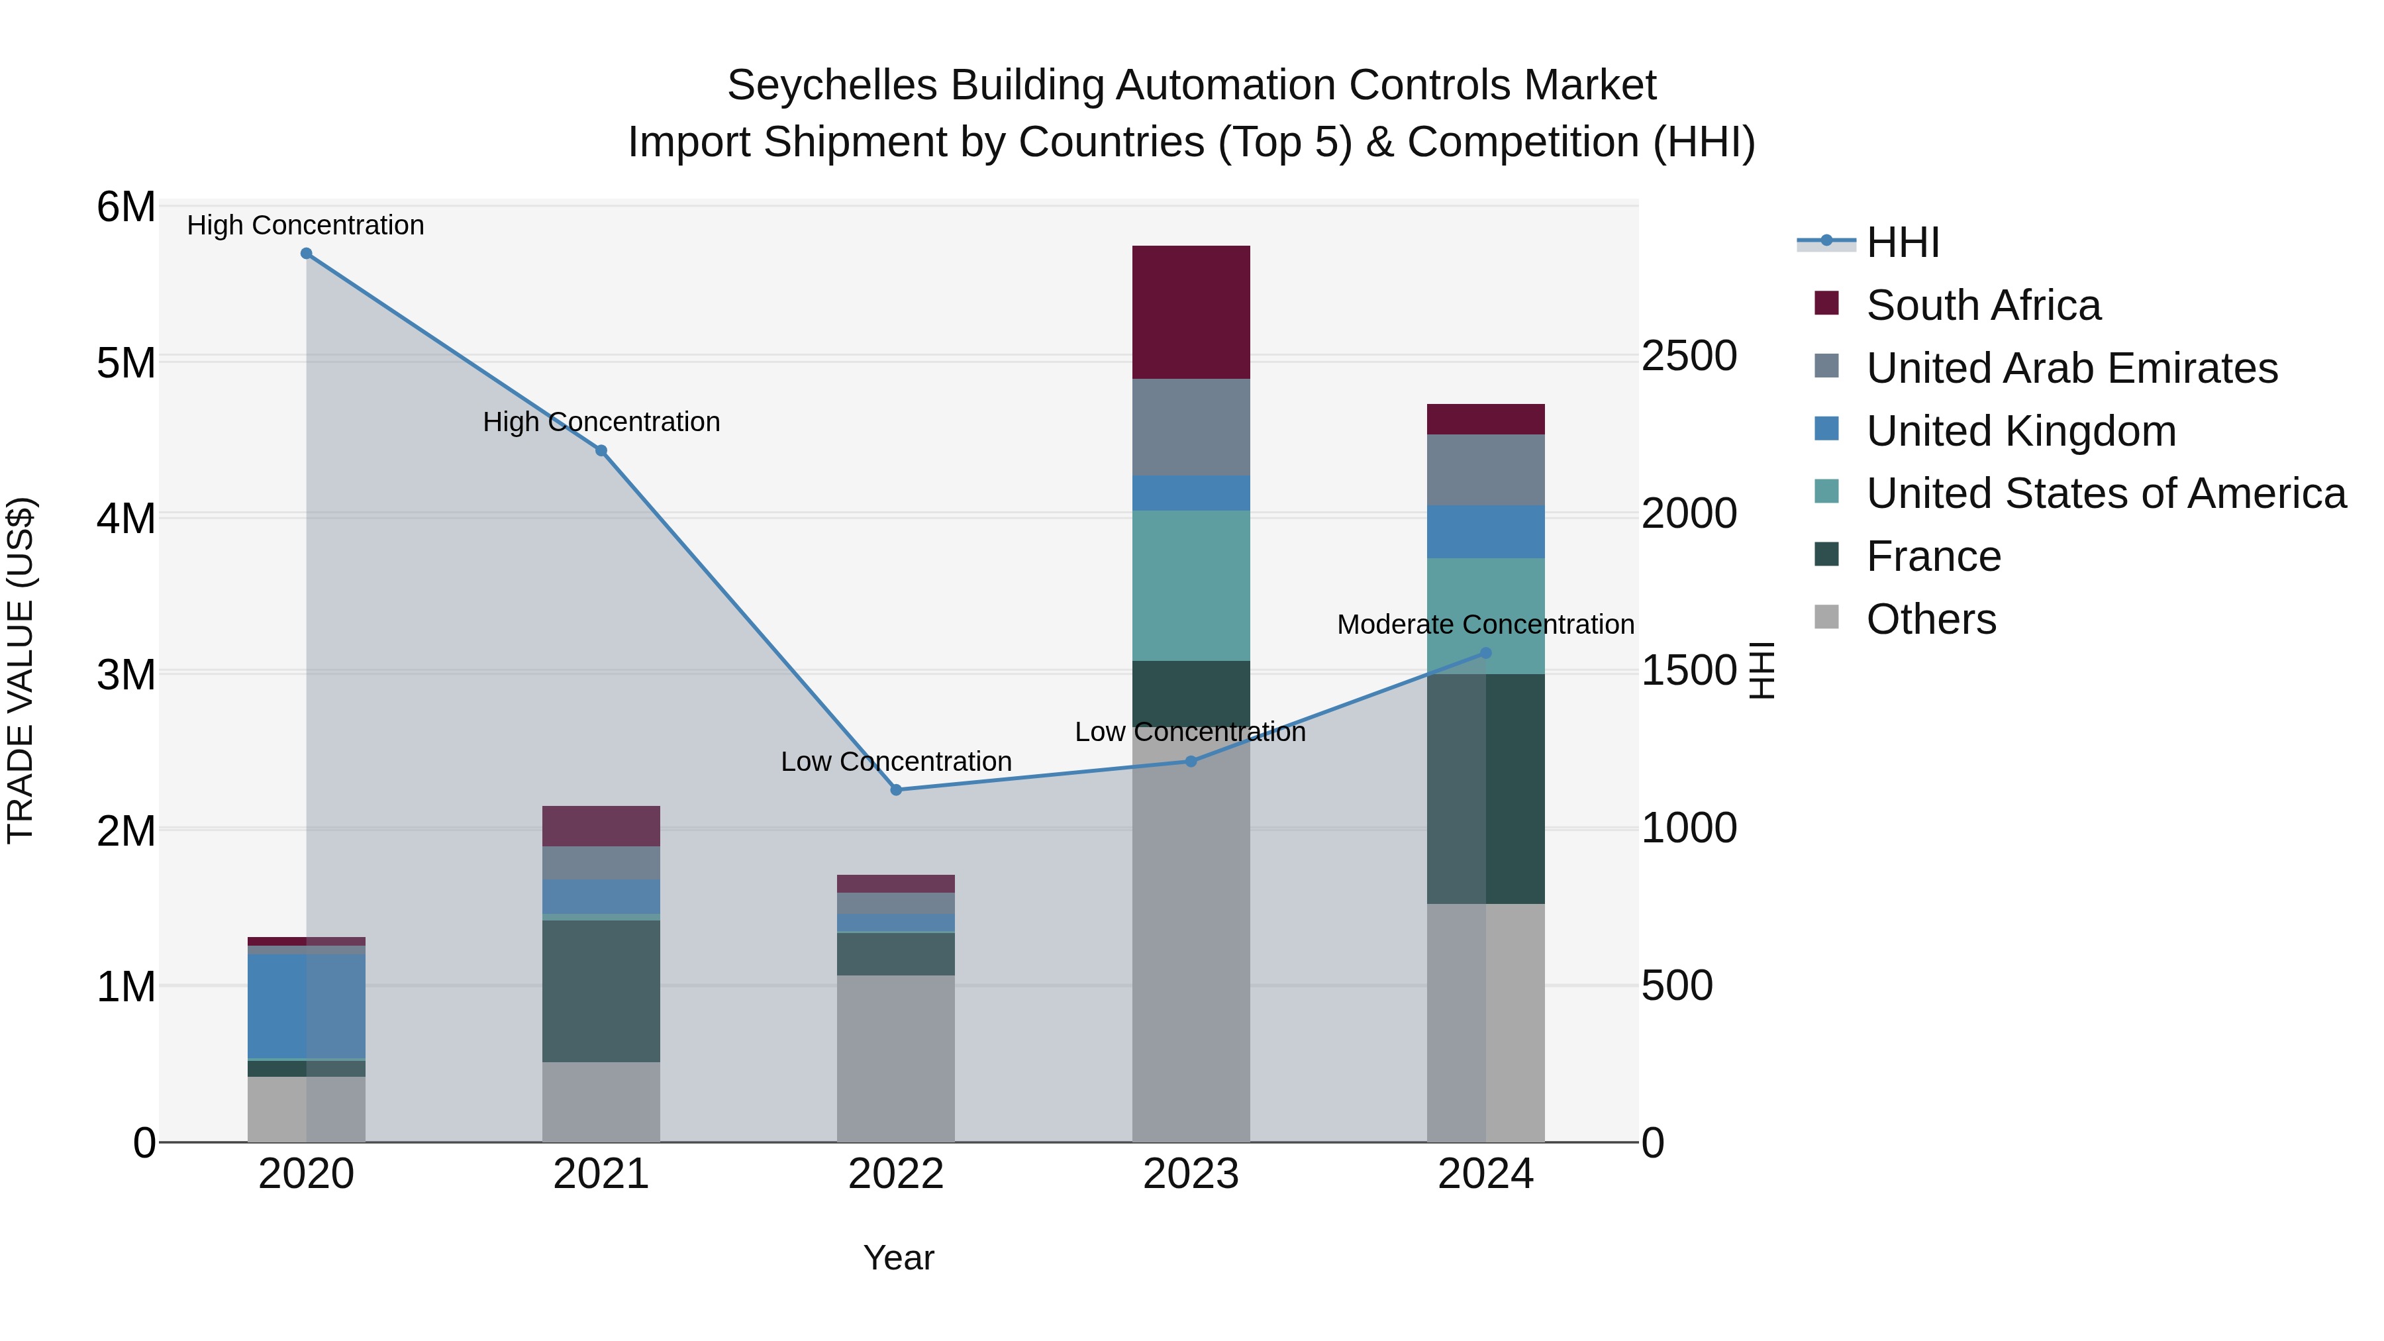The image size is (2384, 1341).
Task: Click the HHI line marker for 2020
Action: click(x=307, y=254)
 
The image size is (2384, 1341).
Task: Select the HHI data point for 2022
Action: click(x=896, y=789)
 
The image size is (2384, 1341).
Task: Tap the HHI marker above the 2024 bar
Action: click(x=1486, y=652)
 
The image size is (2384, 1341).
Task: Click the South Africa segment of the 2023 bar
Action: click(x=1191, y=312)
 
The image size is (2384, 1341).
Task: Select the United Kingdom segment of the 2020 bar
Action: click(x=307, y=1006)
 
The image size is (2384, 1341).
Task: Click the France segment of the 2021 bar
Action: click(x=601, y=990)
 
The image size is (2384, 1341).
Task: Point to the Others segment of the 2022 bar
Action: click(x=896, y=1058)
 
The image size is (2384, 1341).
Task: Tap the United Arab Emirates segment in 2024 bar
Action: click(x=1485, y=470)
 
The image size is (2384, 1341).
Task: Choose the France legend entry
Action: click(x=1932, y=556)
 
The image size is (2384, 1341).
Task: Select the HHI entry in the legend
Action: click(x=1902, y=242)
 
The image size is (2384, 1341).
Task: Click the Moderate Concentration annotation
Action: click(x=1485, y=624)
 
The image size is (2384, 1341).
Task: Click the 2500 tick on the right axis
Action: click(x=1689, y=356)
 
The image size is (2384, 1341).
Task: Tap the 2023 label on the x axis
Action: click(x=1191, y=1174)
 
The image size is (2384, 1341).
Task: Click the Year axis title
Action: click(x=899, y=1258)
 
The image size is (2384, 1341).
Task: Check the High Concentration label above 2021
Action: click(x=601, y=422)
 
